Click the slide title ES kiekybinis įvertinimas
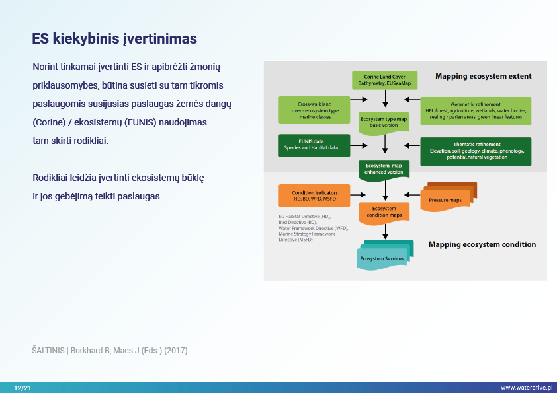[x=114, y=39]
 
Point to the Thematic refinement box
[x=476, y=151]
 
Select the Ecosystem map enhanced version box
[x=384, y=169]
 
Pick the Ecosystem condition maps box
[x=384, y=212]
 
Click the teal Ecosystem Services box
[x=386, y=257]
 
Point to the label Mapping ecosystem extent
[x=483, y=77]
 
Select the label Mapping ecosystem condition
[x=482, y=244]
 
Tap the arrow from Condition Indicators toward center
[x=357, y=195]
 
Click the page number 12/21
[x=22, y=388]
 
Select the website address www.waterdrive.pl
[x=526, y=388]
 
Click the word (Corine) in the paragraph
[x=50, y=123]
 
